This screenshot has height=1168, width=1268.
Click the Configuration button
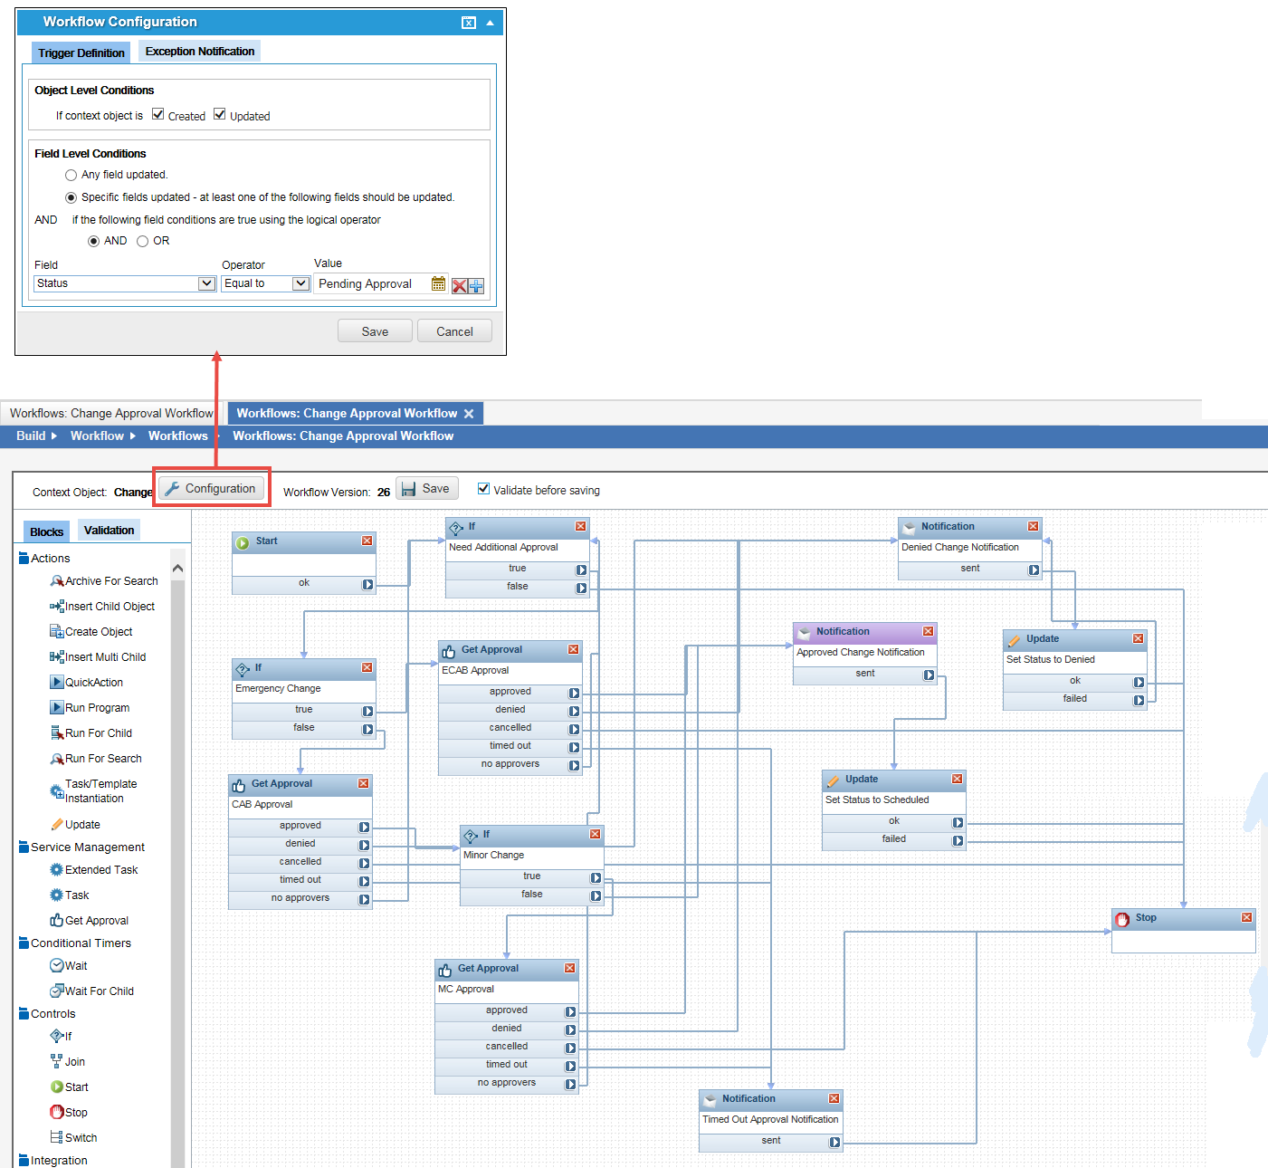tap(212, 489)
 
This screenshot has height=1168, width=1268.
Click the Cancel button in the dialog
tap(454, 331)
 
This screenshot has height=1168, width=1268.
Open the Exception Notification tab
tap(200, 52)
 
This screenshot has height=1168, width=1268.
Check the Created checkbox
tap(158, 114)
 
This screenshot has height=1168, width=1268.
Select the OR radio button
tap(143, 241)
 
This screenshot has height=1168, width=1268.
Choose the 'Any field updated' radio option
tap(72, 175)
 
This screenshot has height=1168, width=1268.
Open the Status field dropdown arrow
tap(206, 283)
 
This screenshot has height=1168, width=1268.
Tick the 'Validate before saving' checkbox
tap(483, 489)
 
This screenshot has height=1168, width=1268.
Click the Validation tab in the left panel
tap(109, 531)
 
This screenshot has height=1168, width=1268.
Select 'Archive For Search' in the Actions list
tap(111, 581)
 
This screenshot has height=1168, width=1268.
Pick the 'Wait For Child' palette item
tap(99, 991)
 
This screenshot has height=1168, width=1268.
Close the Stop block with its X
tap(1246, 918)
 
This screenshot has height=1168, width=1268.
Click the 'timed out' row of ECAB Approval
tap(510, 746)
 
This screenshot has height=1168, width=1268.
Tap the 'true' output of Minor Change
tap(531, 876)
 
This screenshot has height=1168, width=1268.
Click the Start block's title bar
tap(299, 541)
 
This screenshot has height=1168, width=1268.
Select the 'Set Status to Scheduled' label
tap(877, 800)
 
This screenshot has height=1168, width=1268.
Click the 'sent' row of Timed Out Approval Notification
tap(770, 1141)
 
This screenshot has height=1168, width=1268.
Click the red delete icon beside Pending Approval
tap(460, 285)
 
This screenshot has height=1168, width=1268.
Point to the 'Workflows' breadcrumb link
tap(177, 436)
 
